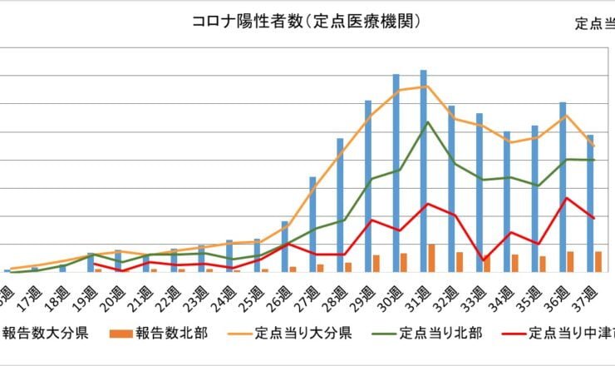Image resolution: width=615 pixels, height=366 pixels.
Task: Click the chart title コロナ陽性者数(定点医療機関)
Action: (307, 22)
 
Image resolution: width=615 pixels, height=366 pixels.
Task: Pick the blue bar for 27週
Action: (312, 224)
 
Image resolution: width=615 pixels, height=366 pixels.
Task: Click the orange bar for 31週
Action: (432, 258)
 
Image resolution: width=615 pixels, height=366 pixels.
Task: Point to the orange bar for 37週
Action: (598, 261)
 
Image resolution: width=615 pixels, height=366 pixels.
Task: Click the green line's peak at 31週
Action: (427, 122)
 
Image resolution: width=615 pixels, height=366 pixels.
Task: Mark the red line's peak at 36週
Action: (567, 198)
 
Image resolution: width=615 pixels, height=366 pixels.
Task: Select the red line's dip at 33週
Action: (483, 260)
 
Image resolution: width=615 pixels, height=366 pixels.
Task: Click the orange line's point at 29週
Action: (371, 116)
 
